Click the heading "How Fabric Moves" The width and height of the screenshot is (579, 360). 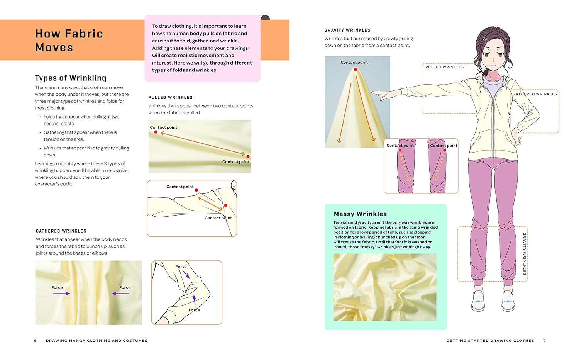pyautogui.click(x=69, y=40)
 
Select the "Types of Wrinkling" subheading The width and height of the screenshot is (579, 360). pyautogui.click(x=71, y=78)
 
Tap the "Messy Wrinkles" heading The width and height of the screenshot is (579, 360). pyautogui.click(x=360, y=214)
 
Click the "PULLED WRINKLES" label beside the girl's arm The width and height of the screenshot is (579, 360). pyautogui.click(x=445, y=67)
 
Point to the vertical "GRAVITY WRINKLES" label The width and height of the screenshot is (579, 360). pyautogui.click(x=524, y=253)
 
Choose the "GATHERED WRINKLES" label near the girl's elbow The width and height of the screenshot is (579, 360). pyautogui.click(x=535, y=94)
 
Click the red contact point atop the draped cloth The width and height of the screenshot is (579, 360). pyautogui.click(x=355, y=70)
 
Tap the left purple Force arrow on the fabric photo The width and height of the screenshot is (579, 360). pyautogui.click(x=62, y=294)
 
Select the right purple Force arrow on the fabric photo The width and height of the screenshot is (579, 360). pyautogui.click(x=120, y=294)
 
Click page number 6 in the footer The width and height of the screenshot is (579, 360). pyautogui.click(x=36, y=341)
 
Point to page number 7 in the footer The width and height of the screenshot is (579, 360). pyautogui.click(x=545, y=341)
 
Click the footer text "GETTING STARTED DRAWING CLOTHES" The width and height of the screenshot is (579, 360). pyautogui.click(x=490, y=341)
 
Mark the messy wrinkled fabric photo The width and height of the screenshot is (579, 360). pyautogui.click(x=385, y=287)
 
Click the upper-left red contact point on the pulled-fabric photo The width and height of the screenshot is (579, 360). pyautogui.click(x=156, y=132)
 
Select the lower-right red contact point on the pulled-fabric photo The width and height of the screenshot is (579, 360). pyautogui.click(x=248, y=156)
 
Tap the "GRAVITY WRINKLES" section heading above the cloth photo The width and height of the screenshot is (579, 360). pyautogui.click(x=347, y=30)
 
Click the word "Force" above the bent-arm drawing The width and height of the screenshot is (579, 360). pyautogui.click(x=181, y=267)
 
